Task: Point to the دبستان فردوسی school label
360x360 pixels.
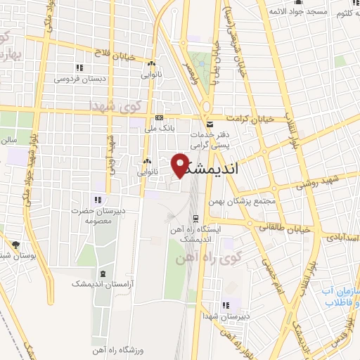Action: pos(82,79)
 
